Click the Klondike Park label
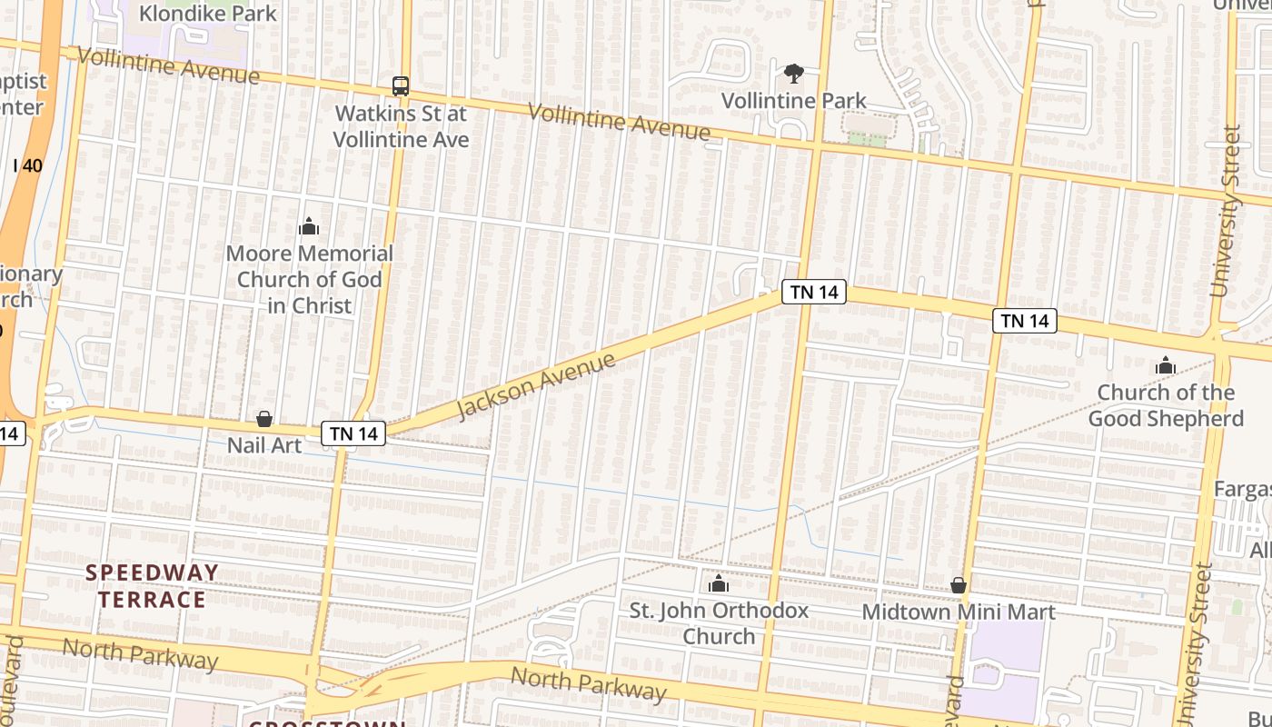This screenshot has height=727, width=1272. (x=207, y=14)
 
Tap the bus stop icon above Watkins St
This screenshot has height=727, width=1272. (x=401, y=86)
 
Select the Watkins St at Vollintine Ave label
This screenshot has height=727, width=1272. (x=401, y=126)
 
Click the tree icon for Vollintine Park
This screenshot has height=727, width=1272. (x=794, y=74)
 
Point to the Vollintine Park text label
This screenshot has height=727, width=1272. (x=794, y=101)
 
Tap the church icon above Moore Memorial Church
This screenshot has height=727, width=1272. (x=309, y=226)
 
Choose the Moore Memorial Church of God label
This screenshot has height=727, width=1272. (x=310, y=279)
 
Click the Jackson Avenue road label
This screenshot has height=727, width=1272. (x=535, y=385)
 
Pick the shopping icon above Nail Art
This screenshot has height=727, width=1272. (x=264, y=419)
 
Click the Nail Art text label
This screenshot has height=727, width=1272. (x=264, y=445)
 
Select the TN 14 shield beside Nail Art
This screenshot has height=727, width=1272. (x=354, y=434)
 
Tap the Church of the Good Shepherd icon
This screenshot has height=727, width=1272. (x=1166, y=367)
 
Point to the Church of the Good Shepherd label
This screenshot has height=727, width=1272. (x=1166, y=405)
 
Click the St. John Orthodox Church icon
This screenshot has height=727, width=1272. (x=719, y=583)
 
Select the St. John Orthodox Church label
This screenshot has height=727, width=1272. (x=719, y=622)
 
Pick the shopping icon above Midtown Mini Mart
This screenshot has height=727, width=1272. (x=959, y=585)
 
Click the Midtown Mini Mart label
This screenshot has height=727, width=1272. (x=959, y=612)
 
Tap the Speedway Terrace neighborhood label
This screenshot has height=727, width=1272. (x=153, y=586)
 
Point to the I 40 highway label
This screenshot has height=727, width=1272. (x=28, y=165)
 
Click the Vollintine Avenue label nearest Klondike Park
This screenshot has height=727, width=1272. (x=168, y=65)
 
